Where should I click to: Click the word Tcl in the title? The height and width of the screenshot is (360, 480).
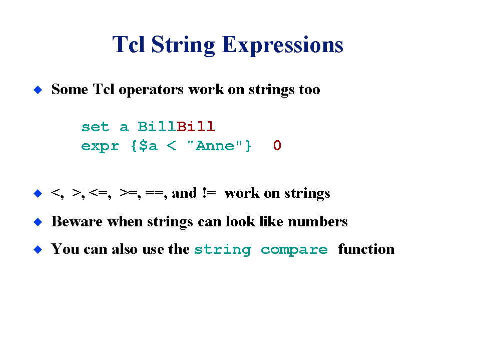129,45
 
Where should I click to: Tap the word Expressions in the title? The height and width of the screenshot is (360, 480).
283,45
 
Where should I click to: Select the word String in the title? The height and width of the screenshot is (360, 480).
183,45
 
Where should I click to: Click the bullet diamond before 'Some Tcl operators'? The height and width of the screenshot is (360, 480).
38,90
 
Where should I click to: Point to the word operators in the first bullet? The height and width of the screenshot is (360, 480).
151,90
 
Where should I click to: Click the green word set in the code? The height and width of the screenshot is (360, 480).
95,127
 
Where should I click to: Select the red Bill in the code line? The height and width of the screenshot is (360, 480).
196,127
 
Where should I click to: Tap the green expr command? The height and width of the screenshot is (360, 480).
100,146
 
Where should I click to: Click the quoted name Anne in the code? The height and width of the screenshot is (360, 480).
215,146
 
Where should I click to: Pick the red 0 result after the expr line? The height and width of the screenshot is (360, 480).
277,145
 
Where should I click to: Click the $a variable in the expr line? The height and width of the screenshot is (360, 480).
148,146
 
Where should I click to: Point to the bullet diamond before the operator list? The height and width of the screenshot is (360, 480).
38,193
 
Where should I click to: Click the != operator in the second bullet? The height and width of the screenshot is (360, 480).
209,193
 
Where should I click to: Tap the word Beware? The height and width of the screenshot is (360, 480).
77,221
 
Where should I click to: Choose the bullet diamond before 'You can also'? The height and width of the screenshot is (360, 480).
38,249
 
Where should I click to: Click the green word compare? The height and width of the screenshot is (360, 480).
294,250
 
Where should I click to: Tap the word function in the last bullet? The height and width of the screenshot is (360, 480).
366,249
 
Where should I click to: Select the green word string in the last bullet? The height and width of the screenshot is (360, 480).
223,250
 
